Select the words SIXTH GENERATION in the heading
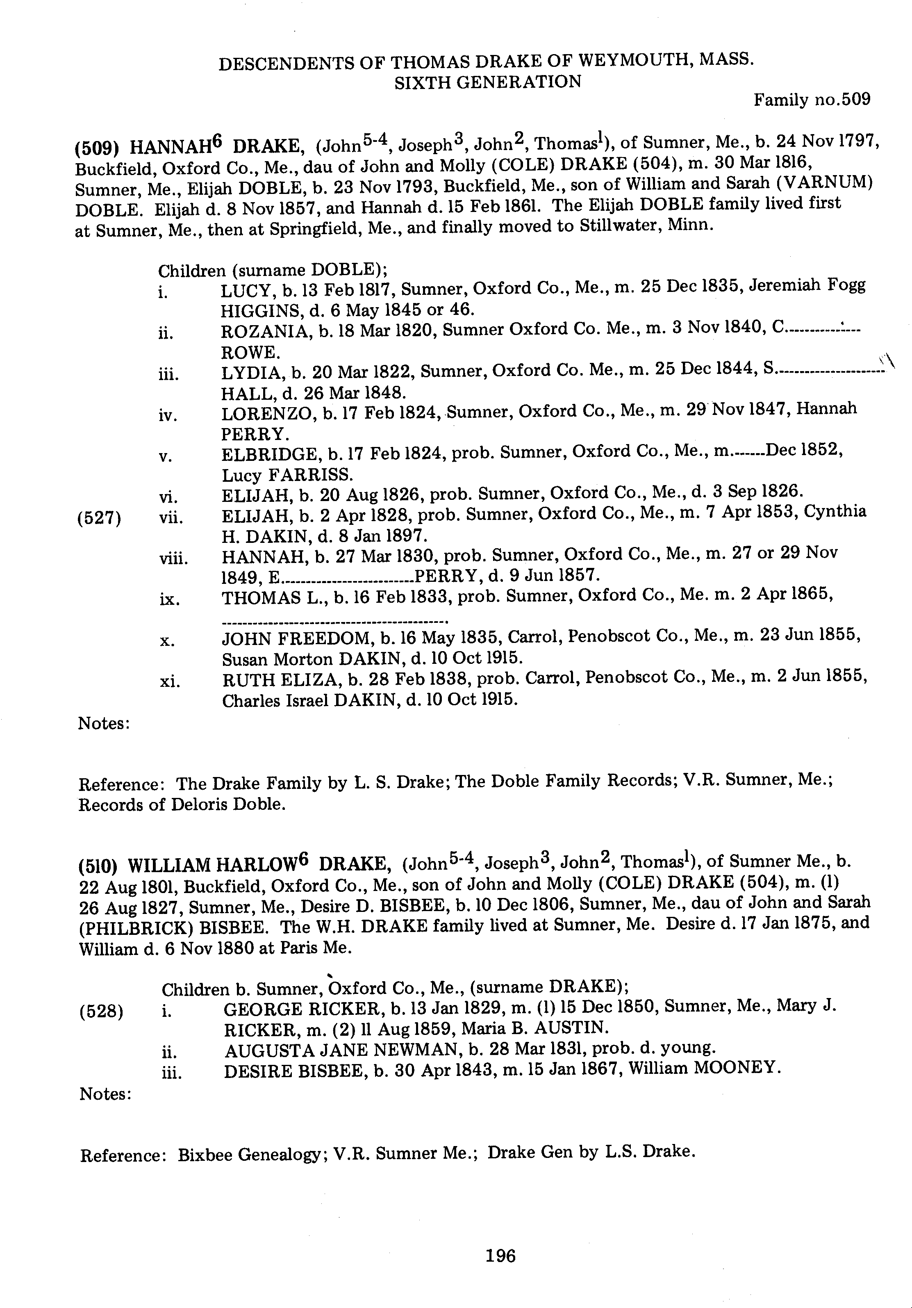[x=488, y=82]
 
